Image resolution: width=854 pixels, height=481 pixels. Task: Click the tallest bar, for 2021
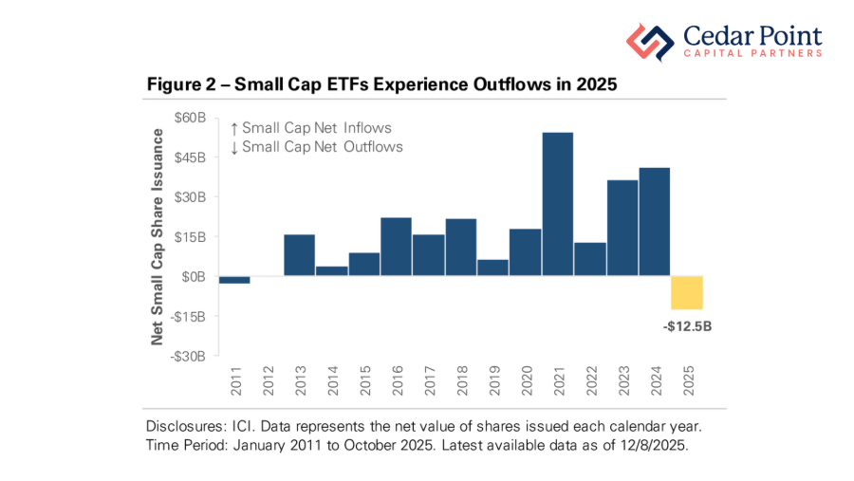pos(557,204)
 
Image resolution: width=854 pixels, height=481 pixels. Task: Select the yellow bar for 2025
pos(686,292)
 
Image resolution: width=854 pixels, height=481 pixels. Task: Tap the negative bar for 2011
pos(234,280)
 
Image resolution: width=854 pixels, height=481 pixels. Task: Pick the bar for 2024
pos(654,222)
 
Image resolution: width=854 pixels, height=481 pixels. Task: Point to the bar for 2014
pos(331,271)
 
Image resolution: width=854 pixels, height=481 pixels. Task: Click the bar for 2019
pos(492,268)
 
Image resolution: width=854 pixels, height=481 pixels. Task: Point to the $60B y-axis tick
pos(190,118)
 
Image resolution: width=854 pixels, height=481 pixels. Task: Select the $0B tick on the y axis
pos(194,277)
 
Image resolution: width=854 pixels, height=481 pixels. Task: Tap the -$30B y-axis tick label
pos(189,357)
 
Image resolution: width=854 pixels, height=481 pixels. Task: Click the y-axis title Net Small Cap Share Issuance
pos(158,236)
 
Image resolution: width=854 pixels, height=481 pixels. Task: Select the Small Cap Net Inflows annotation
pos(310,128)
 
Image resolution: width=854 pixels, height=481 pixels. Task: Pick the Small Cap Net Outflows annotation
pos(316,147)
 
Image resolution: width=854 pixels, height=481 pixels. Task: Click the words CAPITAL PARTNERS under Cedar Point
pos(752,54)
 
